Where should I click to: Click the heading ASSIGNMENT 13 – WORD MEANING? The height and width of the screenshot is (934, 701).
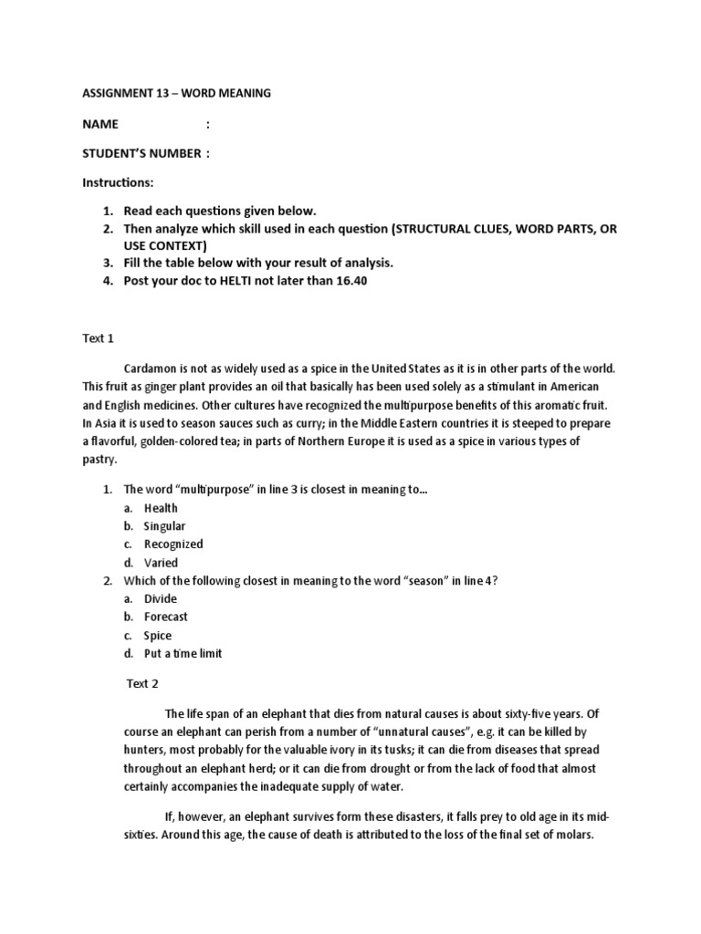[x=176, y=93]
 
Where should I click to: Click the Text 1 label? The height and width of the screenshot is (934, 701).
[x=98, y=338]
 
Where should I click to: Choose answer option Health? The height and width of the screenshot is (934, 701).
[x=161, y=507]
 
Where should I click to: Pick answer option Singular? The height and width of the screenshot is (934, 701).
[x=164, y=525]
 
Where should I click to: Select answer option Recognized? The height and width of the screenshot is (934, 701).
[x=173, y=544]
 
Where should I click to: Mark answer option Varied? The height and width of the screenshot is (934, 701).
[x=161, y=562]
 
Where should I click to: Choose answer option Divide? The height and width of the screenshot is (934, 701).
[x=161, y=598]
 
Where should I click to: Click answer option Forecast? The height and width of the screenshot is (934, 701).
[x=166, y=617]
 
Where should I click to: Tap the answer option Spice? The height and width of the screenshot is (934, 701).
[x=158, y=635]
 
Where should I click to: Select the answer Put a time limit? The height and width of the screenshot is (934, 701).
[x=183, y=653]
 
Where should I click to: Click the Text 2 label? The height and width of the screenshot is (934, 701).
[x=142, y=682]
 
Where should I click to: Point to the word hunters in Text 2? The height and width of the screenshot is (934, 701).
[x=143, y=749]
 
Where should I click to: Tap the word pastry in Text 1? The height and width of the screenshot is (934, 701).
[x=100, y=460]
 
